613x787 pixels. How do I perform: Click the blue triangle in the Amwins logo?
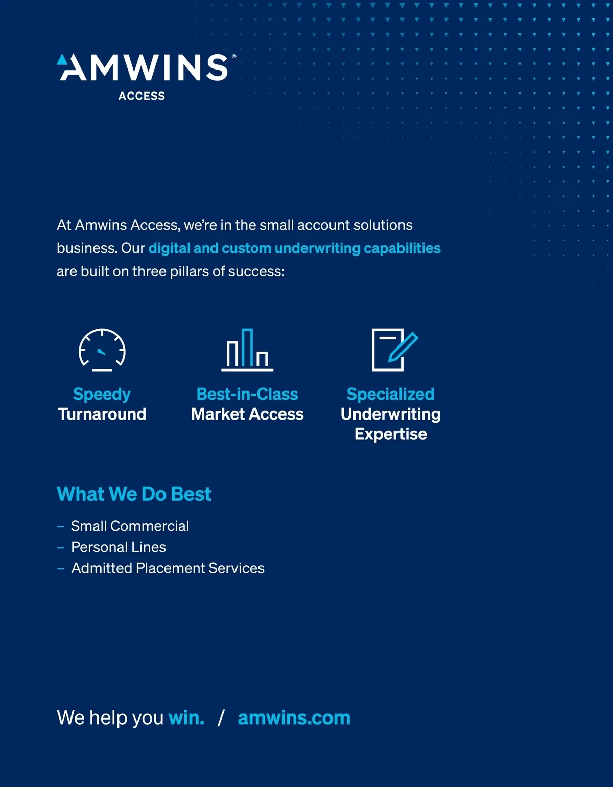click(x=62, y=60)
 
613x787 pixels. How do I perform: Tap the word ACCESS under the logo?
click(x=142, y=96)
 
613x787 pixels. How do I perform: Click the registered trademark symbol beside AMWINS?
click(x=234, y=56)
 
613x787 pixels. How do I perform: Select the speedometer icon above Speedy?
click(x=102, y=350)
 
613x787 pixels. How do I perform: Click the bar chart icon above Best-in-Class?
click(x=247, y=350)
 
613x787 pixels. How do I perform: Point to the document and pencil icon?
click(x=395, y=350)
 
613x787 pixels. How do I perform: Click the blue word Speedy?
click(x=102, y=395)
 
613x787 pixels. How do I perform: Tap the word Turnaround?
click(x=102, y=414)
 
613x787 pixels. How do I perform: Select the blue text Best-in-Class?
click(x=247, y=394)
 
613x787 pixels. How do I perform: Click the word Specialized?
click(x=390, y=395)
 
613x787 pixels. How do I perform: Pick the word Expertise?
click(x=391, y=434)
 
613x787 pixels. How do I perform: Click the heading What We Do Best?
click(x=134, y=494)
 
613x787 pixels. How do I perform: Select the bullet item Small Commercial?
click(x=130, y=526)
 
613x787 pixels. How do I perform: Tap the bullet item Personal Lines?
click(x=119, y=547)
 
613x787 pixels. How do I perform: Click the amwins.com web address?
click(x=294, y=718)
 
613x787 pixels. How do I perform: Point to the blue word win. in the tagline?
click(x=186, y=718)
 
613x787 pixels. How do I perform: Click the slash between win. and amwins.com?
click(x=221, y=718)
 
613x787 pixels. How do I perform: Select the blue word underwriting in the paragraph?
click(x=317, y=249)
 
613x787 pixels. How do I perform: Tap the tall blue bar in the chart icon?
click(x=247, y=348)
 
